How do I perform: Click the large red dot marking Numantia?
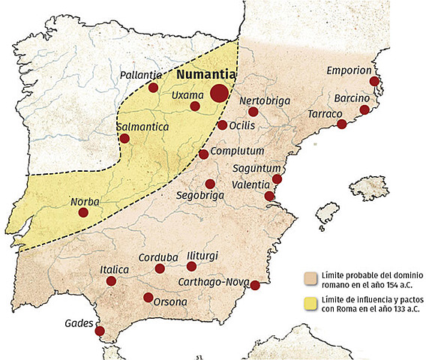(x=219, y=93)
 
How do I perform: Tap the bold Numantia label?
(x=207, y=75)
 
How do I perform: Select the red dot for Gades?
(x=99, y=330)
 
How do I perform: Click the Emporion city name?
(x=349, y=70)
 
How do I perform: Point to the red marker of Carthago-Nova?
(x=255, y=285)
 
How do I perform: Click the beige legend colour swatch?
(x=308, y=277)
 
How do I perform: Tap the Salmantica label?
(x=142, y=127)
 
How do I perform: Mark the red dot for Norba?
(x=83, y=213)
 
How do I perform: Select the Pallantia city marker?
(x=153, y=88)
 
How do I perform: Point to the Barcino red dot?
(x=364, y=109)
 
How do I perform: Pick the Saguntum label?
(x=257, y=168)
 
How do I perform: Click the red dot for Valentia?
(x=269, y=196)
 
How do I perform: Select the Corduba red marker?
(x=159, y=268)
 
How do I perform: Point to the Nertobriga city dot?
(x=253, y=112)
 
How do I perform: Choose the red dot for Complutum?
(x=204, y=154)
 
